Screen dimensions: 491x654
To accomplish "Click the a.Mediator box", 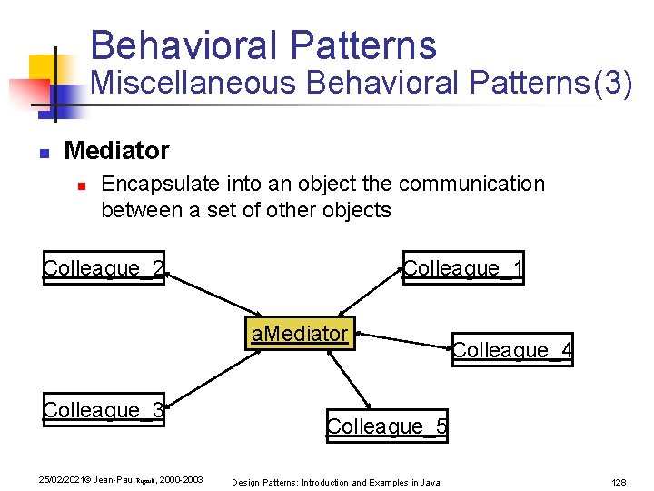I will (300, 334).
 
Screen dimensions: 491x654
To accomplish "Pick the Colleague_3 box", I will (104, 410).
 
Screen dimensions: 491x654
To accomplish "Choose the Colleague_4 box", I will (512, 349).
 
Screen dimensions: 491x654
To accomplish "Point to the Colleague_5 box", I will (387, 426).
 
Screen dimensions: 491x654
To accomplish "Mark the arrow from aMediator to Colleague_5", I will (349, 379).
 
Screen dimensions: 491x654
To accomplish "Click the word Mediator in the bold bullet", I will (116, 149).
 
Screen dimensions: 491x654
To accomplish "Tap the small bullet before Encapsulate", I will (81, 185).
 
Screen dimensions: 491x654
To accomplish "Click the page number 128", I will (619, 481).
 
